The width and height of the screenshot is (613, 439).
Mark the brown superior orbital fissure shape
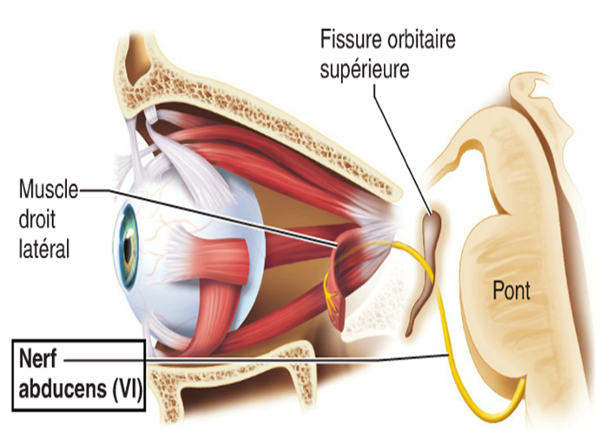tap(428, 252)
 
